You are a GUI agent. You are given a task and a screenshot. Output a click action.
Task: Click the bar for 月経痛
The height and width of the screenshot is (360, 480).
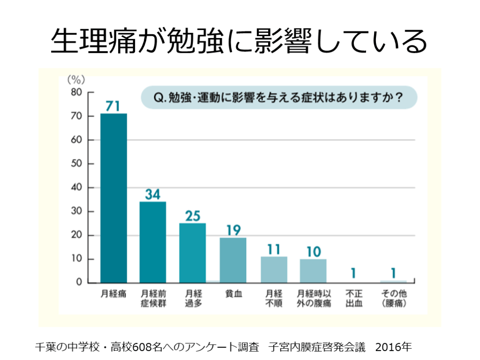113,198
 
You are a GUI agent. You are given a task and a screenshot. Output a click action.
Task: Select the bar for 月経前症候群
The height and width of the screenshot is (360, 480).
153,242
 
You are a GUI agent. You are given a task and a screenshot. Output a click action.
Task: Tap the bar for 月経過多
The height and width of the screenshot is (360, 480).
192,253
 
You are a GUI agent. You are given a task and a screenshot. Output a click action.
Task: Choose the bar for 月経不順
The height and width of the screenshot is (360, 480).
274,270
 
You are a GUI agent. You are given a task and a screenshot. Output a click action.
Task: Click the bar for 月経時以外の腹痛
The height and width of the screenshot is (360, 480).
313,270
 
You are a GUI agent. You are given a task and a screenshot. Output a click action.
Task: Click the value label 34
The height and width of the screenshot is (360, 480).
153,194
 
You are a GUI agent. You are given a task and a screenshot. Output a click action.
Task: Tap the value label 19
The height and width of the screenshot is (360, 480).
233,230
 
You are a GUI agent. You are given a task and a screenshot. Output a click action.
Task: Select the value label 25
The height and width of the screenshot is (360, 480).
192,216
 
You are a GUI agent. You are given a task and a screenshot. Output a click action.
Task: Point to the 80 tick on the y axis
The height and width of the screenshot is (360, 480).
77,92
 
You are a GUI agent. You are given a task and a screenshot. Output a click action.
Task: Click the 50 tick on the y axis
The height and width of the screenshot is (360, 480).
77,164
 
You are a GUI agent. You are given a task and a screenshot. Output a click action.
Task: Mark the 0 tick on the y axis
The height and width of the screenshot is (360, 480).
80,283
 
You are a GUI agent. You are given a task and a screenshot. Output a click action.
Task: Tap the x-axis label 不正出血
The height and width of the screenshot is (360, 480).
353,299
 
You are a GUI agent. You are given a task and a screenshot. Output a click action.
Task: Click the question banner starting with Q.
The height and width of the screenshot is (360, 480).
278,98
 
